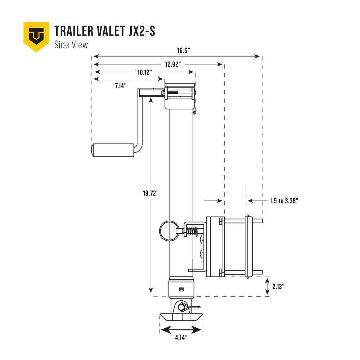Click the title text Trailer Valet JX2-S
click(105, 31)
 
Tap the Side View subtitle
click(71, 45)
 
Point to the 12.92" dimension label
click(173, 64)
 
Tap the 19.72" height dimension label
click(150, 193)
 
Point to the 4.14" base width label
click(181, 337)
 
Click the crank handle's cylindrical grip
click(112, 150)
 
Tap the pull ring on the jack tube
click(167, 231)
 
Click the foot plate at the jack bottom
click(181, 317)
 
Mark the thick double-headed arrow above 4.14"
click(181, 329)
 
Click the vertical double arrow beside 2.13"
click(267, 286)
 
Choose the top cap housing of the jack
click(180, 96)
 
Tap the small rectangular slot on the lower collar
click(181, 289)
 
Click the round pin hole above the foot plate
click(180, 307)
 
